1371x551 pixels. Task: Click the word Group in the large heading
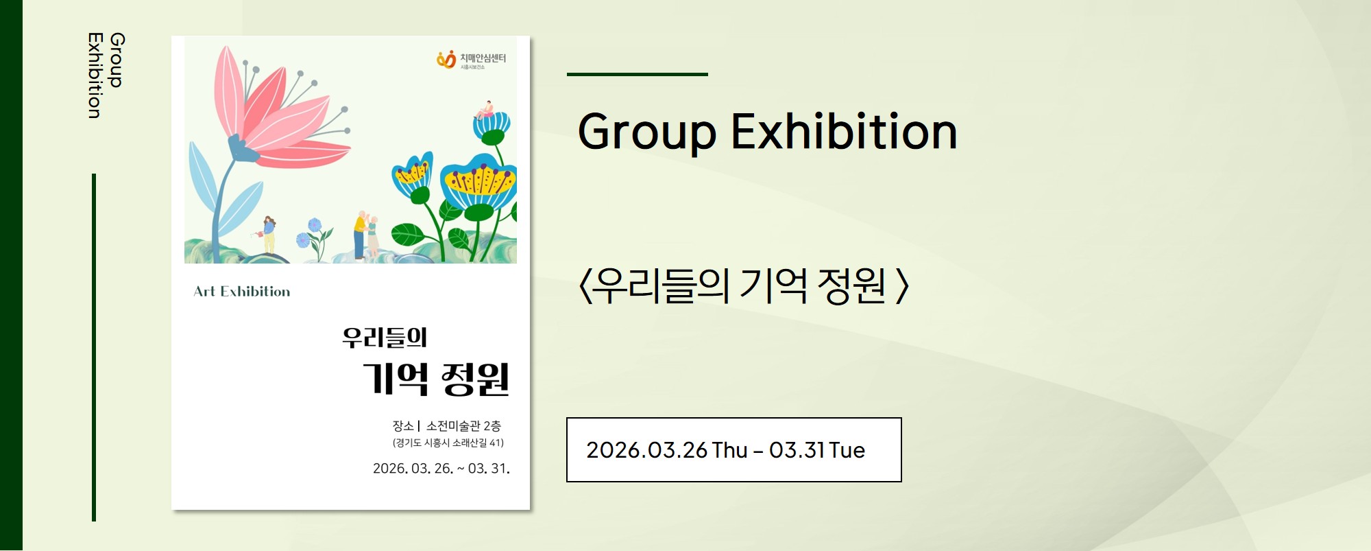[x=647, y=132]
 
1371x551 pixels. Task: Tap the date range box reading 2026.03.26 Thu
[x=733, y=449]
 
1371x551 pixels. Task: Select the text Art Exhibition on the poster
[x=242, y=292]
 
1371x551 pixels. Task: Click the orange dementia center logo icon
[x=446, y=60]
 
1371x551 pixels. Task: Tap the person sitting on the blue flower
[x=485, y=110]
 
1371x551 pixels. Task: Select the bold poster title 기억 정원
[x=436, y=379]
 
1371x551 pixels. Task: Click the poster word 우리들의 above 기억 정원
[x=385, y=338]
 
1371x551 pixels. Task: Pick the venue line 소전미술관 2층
[x=463, y=426]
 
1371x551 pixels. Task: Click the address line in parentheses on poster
[x=448, y=443]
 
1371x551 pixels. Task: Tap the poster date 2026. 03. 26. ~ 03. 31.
[x=441, y=469]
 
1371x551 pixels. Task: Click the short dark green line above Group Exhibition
[x=638, y=74]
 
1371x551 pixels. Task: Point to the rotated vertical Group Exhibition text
[x=106, y=75]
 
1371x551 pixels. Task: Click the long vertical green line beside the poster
[x=94, y=347]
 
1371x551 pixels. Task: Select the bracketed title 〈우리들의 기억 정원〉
[x=744, y=286]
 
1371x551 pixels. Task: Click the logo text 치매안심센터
[x=483, y=58]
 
